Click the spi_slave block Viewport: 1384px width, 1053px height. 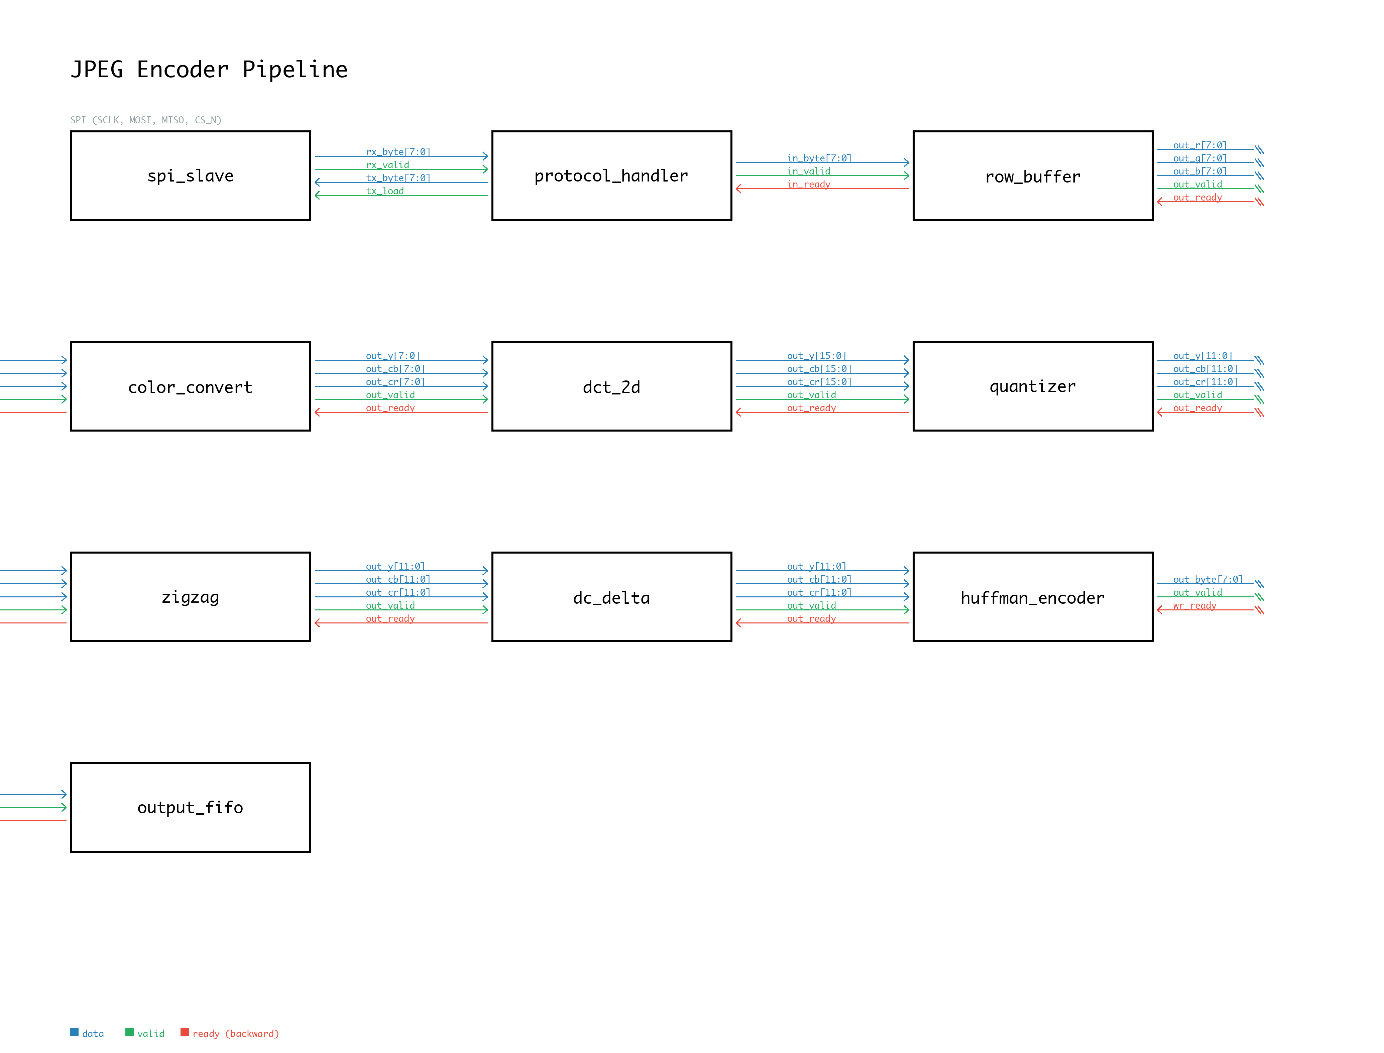(191, 175)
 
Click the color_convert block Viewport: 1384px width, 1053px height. (191, 386)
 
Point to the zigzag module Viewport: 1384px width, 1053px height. (191, 597)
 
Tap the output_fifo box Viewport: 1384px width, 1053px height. (191, 807)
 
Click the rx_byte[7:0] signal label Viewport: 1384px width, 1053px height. (398, 152)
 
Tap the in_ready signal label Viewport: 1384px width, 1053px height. (809, 184)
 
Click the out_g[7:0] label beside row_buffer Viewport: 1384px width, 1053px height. (1200, 158)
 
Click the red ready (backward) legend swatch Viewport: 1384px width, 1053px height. (184, 1032)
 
